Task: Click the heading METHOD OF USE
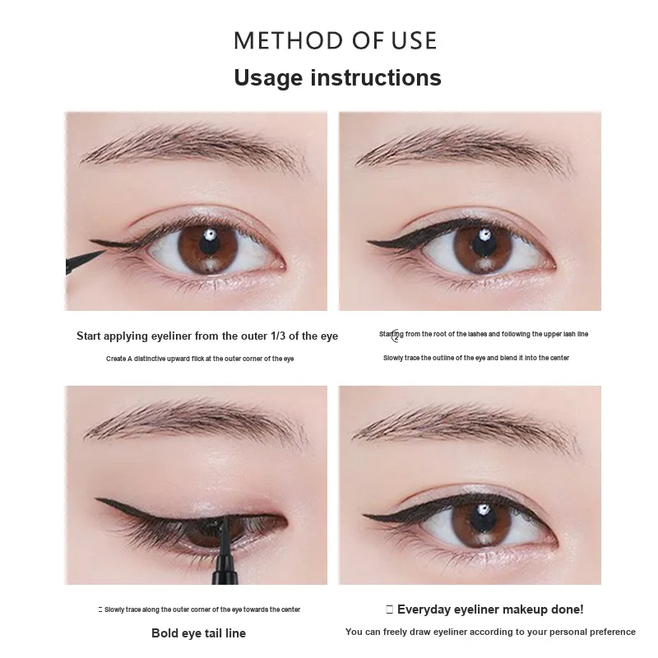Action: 336,40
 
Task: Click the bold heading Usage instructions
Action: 337,77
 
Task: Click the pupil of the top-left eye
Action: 209,243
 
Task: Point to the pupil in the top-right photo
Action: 484,243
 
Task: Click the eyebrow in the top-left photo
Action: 194,148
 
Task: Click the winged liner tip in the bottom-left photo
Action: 97,499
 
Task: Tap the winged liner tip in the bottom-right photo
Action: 364,515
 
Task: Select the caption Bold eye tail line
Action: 198,633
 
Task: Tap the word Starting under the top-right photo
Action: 392,335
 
